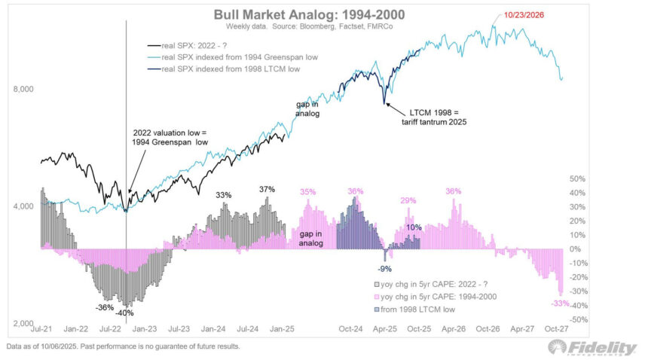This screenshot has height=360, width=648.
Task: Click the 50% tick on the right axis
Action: coord(577,179)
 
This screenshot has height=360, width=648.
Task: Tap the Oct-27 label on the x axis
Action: coord(554,328)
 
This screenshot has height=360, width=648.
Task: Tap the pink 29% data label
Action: coord(408,200)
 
